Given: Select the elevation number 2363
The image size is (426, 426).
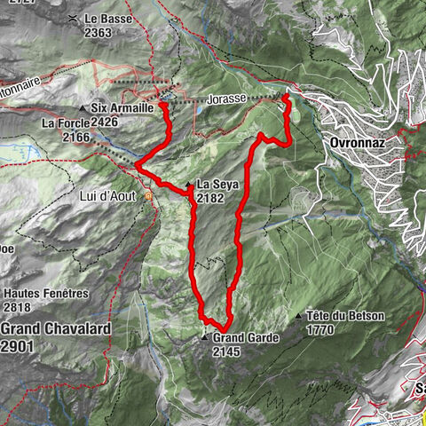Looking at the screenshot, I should [x=99, y=33].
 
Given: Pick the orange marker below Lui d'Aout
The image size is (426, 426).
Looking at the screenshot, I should [x=149, y=196].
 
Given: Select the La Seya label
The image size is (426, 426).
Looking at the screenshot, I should [x=217, y=185].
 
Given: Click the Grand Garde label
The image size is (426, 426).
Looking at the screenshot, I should [x=246, y=338].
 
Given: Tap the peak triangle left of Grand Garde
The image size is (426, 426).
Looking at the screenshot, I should [x=204, y=338].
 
